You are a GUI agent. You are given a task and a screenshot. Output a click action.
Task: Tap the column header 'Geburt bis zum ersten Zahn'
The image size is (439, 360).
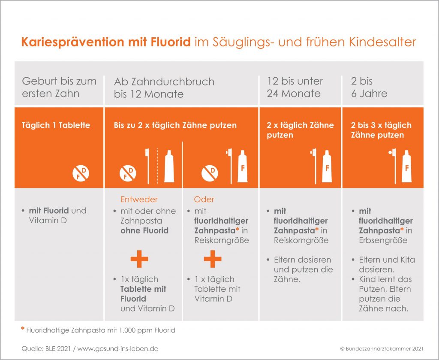tap(59, 87)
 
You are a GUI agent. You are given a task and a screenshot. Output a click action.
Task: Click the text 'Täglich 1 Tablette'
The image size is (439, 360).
tap(56, 125)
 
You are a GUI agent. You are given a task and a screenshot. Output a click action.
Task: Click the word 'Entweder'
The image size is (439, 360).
tap(139, 200)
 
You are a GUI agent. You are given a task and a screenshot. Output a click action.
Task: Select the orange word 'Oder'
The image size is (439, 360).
tap(204, 200)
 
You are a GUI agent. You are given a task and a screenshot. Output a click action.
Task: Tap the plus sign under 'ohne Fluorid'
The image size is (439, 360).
tap(139, 259)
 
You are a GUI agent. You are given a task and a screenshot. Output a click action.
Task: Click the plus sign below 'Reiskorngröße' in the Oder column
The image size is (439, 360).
tap(213, 259)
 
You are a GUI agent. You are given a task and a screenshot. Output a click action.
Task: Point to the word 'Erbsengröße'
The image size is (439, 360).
tap(383, 240)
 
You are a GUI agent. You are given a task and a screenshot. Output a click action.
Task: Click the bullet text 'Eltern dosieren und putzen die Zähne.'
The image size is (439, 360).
tap(303, 269)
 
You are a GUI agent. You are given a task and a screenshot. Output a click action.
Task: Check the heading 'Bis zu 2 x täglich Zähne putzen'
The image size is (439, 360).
tap(175, 125)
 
